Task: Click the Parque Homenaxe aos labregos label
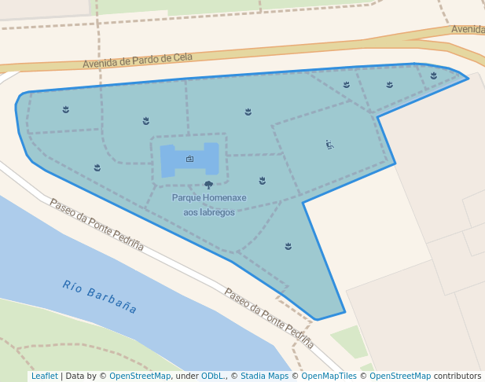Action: point(209,204)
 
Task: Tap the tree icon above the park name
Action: point(208,185)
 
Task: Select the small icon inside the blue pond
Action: point(189,159)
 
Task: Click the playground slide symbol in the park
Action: point(329,145)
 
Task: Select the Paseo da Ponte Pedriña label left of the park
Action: point(97,224)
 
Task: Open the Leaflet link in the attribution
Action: point(44,376)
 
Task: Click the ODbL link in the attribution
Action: point(213,376)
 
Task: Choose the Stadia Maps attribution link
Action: point(265,376)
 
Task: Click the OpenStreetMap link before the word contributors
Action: point(399,376)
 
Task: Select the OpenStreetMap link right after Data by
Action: point(140,376)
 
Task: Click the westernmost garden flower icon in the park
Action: point(66,110)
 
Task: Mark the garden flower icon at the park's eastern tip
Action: point(433,76)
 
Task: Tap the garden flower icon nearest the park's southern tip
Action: point(288,246)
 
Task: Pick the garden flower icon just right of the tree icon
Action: point(262,181)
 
